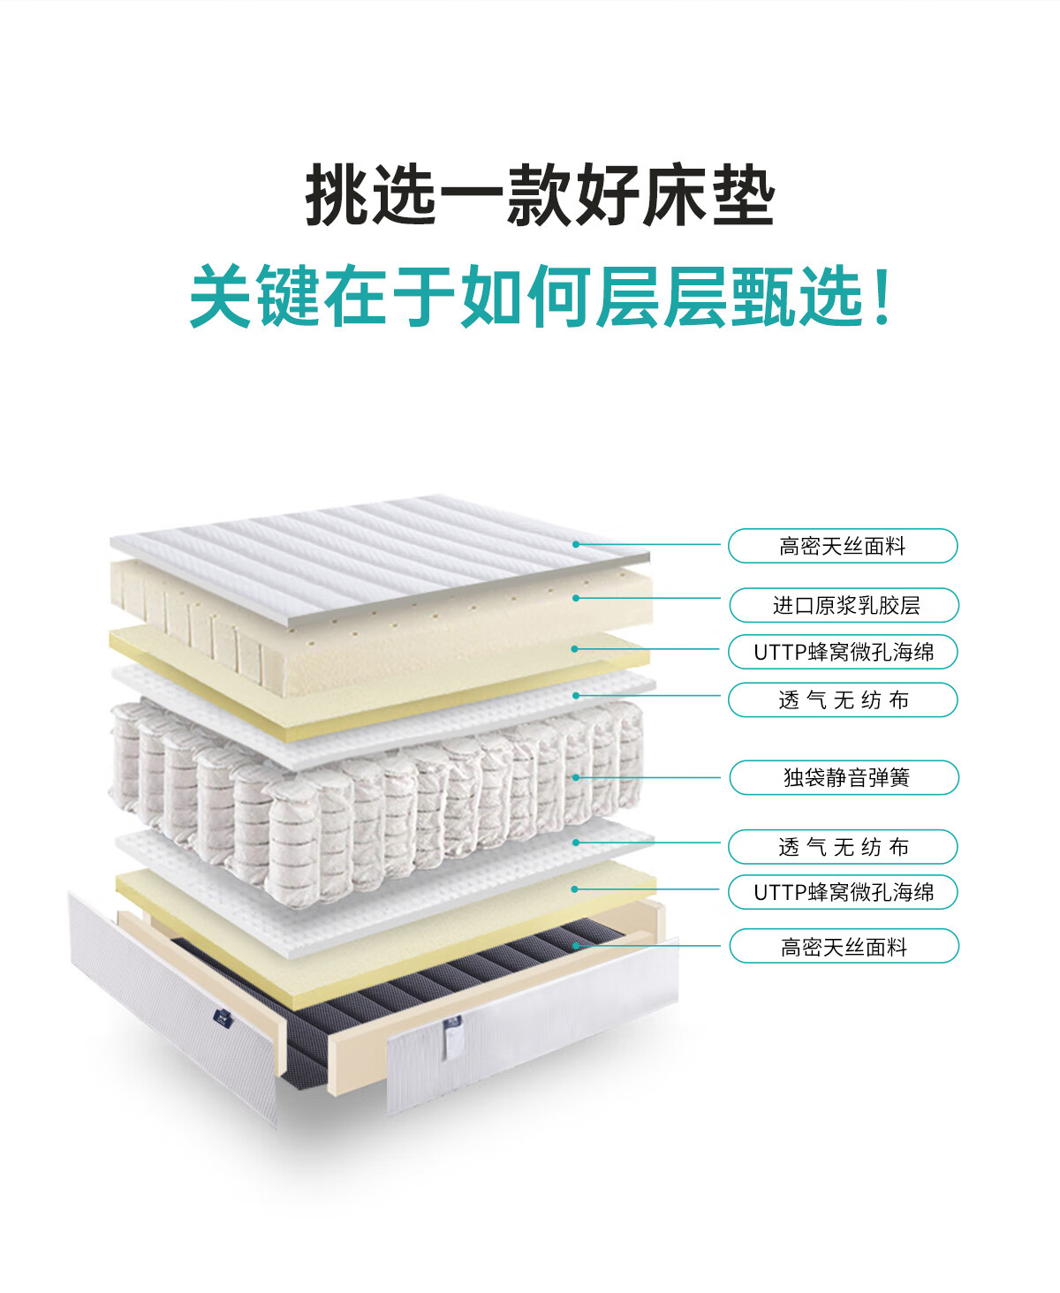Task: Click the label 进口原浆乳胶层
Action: (844, 605)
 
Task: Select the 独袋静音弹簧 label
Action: (844, 777)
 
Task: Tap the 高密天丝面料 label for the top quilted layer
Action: (843, 546)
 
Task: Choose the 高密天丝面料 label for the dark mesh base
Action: (844, 946)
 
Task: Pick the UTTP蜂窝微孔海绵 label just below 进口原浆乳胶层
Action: (843, 652)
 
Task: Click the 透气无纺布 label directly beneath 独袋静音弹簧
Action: (843, 846)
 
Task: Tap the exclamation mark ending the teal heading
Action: (881, 296)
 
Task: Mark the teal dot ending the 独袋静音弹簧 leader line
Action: (576, 777)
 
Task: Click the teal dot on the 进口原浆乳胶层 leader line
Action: (576, 598)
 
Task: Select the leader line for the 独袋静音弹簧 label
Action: (649, 777)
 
